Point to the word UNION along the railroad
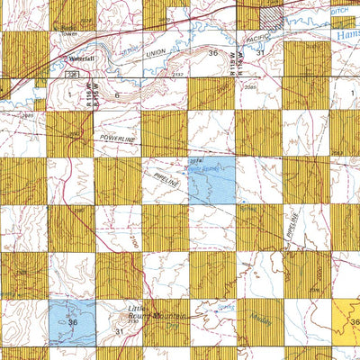click(x=157, y=57)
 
